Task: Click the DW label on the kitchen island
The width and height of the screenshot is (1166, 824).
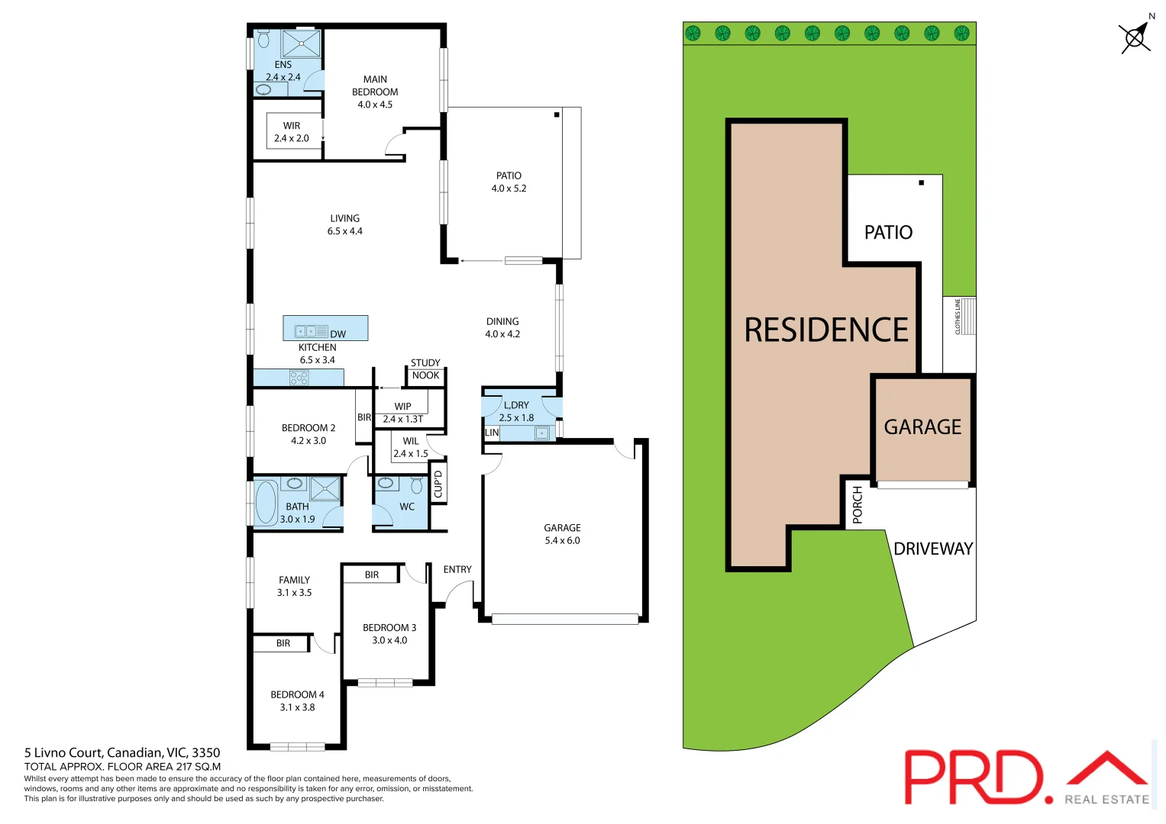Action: click(x=338, y=334)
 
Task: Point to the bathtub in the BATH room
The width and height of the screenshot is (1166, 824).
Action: click(x=266, y=503)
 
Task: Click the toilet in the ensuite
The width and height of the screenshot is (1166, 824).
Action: click(x=263, y=39)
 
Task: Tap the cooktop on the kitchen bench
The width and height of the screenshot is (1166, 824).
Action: click(x=299, y=378)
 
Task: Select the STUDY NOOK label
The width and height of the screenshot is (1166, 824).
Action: click(x=425, y=369)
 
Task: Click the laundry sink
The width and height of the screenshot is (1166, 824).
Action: click(x=542, y=433)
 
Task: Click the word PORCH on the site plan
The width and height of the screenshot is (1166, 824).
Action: click(x=857, y=504)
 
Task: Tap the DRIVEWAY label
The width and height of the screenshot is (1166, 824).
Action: click(x=933, y=549)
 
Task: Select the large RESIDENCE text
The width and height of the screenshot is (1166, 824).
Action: click(x=826, y=330)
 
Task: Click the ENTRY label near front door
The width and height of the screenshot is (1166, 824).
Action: click(x=457, y=569)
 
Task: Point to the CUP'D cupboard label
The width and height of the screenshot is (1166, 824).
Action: click(x=438, y=484)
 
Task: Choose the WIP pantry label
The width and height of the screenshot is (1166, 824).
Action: click(x=402, y=407)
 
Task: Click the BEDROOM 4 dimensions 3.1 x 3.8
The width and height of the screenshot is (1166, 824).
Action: click(x=297, y=707)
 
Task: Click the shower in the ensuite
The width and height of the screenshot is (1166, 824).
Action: click(x=302, y=43)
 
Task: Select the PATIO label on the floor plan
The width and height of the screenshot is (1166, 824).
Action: click(x=509, y=175)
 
